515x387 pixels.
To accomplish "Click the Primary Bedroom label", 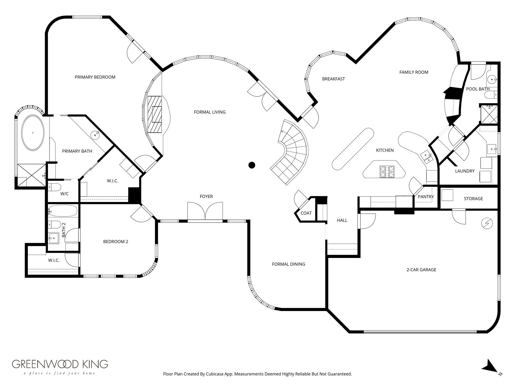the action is click(x=95, y=77).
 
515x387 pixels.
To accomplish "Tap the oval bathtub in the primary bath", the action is click(x=33, y=133).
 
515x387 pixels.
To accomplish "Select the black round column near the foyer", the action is click(x=252, y=165).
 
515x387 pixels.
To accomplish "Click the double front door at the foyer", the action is click(x=205, y=211).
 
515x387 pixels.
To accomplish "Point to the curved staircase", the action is click(x=292, y=151).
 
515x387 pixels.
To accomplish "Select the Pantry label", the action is click(x=426, y=197).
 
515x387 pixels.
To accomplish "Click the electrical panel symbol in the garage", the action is click(x=487, y=223).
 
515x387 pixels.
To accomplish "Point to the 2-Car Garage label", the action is click(x=421, y=270).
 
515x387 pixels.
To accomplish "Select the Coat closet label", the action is click(x=306, y=213).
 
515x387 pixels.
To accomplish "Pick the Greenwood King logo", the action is click(x=60, y=368).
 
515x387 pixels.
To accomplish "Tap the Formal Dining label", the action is click(x=288, y=264).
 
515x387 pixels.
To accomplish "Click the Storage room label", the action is click(x=473, y=199).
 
